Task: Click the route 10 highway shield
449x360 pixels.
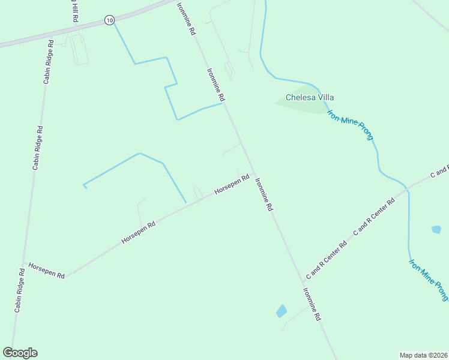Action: coord(109,20)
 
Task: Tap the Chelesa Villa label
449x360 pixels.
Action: coord(310,97)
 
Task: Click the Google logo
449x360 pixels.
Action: coord(20,353)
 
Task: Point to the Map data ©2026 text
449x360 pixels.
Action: coord(423,355)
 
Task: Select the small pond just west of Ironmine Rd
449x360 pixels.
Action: coord(281,311)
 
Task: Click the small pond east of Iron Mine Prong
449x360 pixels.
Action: coord(436,229)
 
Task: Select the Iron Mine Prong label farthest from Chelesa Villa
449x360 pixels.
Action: coord(429,280)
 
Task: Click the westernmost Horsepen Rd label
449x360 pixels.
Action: coord(46,270)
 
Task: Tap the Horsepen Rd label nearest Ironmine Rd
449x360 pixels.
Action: coord(232,185)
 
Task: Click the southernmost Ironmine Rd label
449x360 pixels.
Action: coord(312,304)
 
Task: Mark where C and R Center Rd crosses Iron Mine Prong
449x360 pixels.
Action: coord(409,189)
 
